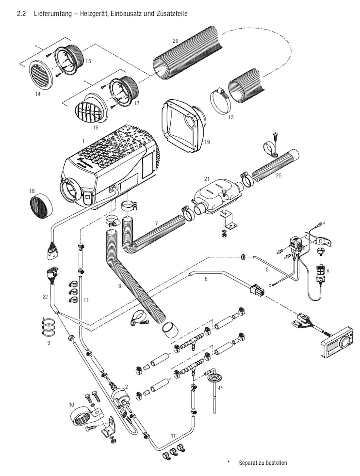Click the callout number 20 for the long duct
point(175,41)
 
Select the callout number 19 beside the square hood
point(207,142)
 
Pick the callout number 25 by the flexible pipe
point(279,175)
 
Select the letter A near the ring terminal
point(324,223)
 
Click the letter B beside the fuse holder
point(328,271)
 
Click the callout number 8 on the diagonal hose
point(120,286)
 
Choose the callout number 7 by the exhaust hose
point(156,223)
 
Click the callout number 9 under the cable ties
point(49,343)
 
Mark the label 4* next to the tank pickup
point(220,388)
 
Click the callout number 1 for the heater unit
point(83,141)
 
